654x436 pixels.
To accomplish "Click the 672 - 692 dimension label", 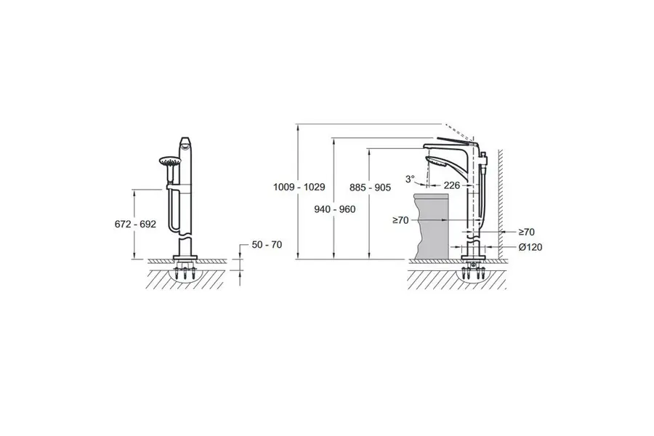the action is (x=135, y=224).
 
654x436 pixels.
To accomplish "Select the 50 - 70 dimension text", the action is (x=267, y=244).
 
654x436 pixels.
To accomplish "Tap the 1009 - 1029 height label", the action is (x=299, y=187).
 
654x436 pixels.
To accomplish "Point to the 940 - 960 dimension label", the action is (x=335, y=209).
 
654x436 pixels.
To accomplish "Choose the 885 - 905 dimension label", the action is (x=371, y=187).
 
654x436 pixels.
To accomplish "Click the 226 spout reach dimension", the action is (x=452, y=185).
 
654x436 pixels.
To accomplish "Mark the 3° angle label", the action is (x=411, y=179).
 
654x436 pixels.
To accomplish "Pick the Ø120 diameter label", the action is (x=530, y=247).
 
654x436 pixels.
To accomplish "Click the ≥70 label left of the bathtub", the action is (x=401, y=220).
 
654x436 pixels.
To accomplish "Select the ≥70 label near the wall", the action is (x=526, y=232).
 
